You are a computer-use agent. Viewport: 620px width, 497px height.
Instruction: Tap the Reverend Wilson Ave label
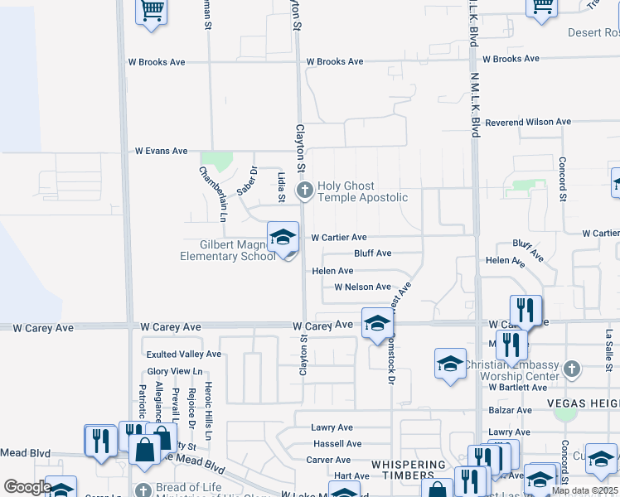tap(528, 122)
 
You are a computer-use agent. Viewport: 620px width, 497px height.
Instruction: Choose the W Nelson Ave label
tap(362, 287)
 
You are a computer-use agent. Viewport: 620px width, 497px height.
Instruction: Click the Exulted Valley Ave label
tap(184, 354)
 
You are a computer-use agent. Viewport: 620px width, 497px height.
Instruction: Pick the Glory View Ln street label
tap(175, 371)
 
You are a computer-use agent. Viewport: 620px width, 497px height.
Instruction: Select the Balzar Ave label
tap(510, 410)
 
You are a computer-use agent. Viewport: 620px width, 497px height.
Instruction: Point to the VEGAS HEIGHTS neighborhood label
tap(583, 403)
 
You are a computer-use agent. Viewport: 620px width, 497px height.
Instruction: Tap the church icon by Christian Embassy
tap(571, 369)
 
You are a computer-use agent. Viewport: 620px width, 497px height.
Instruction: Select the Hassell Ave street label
tap(337, 444)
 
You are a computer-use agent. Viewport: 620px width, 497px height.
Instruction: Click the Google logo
tap(27, 487)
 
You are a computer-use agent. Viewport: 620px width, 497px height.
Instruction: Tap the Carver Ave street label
tap(329, 460)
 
